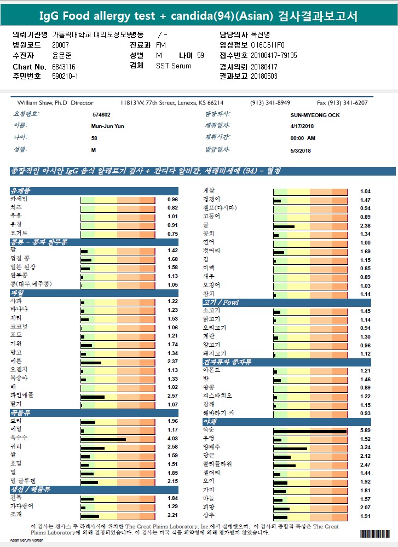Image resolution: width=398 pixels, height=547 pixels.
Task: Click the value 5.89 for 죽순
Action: [365, 430]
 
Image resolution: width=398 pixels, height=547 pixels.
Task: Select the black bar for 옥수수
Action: [103, 438]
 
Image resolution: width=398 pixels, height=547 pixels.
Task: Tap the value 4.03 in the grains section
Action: [172, 439]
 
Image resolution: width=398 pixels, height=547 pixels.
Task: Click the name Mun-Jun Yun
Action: [107, 126]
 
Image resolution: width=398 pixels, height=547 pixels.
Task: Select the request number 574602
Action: [101, 115]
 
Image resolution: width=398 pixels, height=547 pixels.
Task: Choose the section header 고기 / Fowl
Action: [221, 302]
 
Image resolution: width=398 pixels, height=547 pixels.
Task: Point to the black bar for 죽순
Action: [310, 431]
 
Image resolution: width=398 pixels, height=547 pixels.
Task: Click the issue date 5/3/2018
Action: [301, 150]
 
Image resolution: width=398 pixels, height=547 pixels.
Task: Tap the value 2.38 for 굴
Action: [365, 226]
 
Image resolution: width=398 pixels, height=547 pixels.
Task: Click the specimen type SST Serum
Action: [174, 66]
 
